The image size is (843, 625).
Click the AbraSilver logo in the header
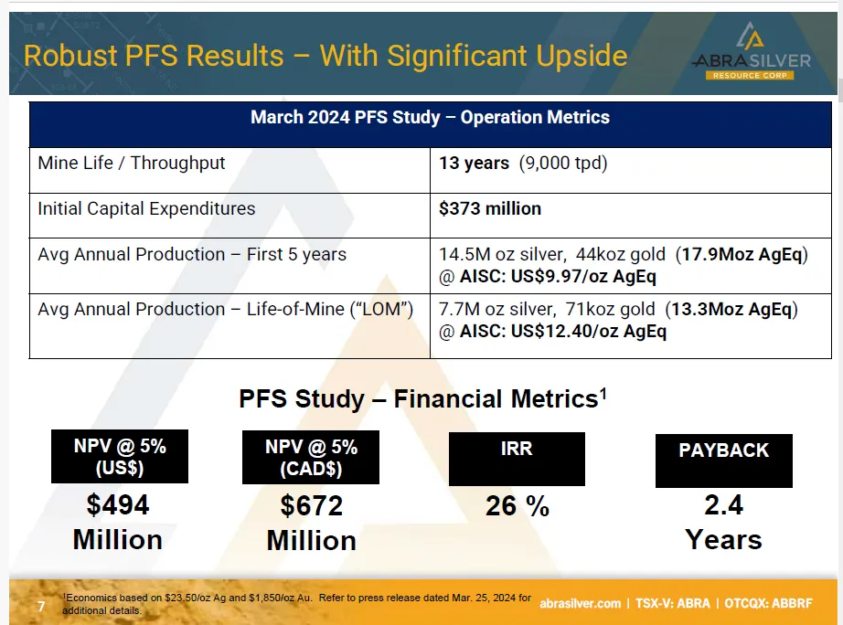pos(751,53)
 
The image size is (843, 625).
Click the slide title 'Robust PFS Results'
pos(325,56)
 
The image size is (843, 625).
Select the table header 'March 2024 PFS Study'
pos(430,118)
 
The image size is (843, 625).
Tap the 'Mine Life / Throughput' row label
pos(132,164)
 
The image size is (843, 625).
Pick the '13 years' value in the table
pos(474,164)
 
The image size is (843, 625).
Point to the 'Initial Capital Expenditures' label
pos(146,208)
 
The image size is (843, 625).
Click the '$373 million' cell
pos(490,208)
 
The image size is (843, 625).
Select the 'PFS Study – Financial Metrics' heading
pos(422,399)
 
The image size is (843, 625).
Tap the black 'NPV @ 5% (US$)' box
pos(120,456)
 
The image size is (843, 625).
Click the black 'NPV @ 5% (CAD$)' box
pos(311,457)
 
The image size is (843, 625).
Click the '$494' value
pos(118,504)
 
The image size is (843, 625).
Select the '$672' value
pos(311,506)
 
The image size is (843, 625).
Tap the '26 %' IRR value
pos(518,506)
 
